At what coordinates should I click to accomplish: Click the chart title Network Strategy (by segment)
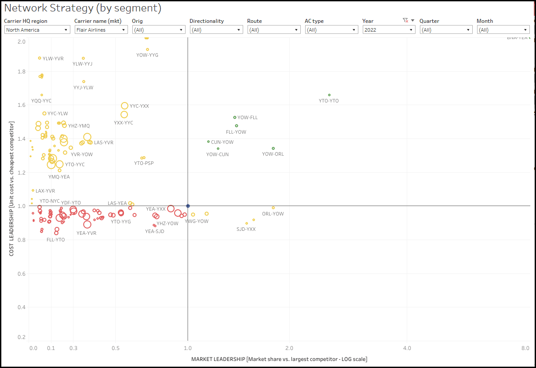point(83,8)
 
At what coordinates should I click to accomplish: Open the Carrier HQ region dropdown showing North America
point(37,30)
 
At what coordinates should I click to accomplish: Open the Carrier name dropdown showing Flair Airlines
point(101,30)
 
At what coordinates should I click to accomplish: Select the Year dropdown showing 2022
point(389,30)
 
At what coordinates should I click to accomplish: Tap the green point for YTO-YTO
point(329,95)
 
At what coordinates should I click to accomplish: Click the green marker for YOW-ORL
point(273,149)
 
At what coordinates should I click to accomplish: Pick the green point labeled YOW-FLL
point(235,117)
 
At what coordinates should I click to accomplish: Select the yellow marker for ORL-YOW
point(273,208)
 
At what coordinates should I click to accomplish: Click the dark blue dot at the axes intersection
point(188,206)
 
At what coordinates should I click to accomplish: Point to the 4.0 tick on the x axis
point(407,348)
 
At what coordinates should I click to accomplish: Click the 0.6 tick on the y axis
point(21,274)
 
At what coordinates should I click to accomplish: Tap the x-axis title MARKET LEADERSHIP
point(279,359)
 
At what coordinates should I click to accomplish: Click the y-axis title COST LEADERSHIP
point(12,189)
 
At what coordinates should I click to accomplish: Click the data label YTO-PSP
point(144,164)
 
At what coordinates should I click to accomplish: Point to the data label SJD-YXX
point(246,230)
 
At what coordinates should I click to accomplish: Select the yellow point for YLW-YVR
point(40,58)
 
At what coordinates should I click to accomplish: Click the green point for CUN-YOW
point(208,142)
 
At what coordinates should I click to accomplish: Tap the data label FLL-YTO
point(55,240)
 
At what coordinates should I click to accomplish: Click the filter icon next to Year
point(405,21)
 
